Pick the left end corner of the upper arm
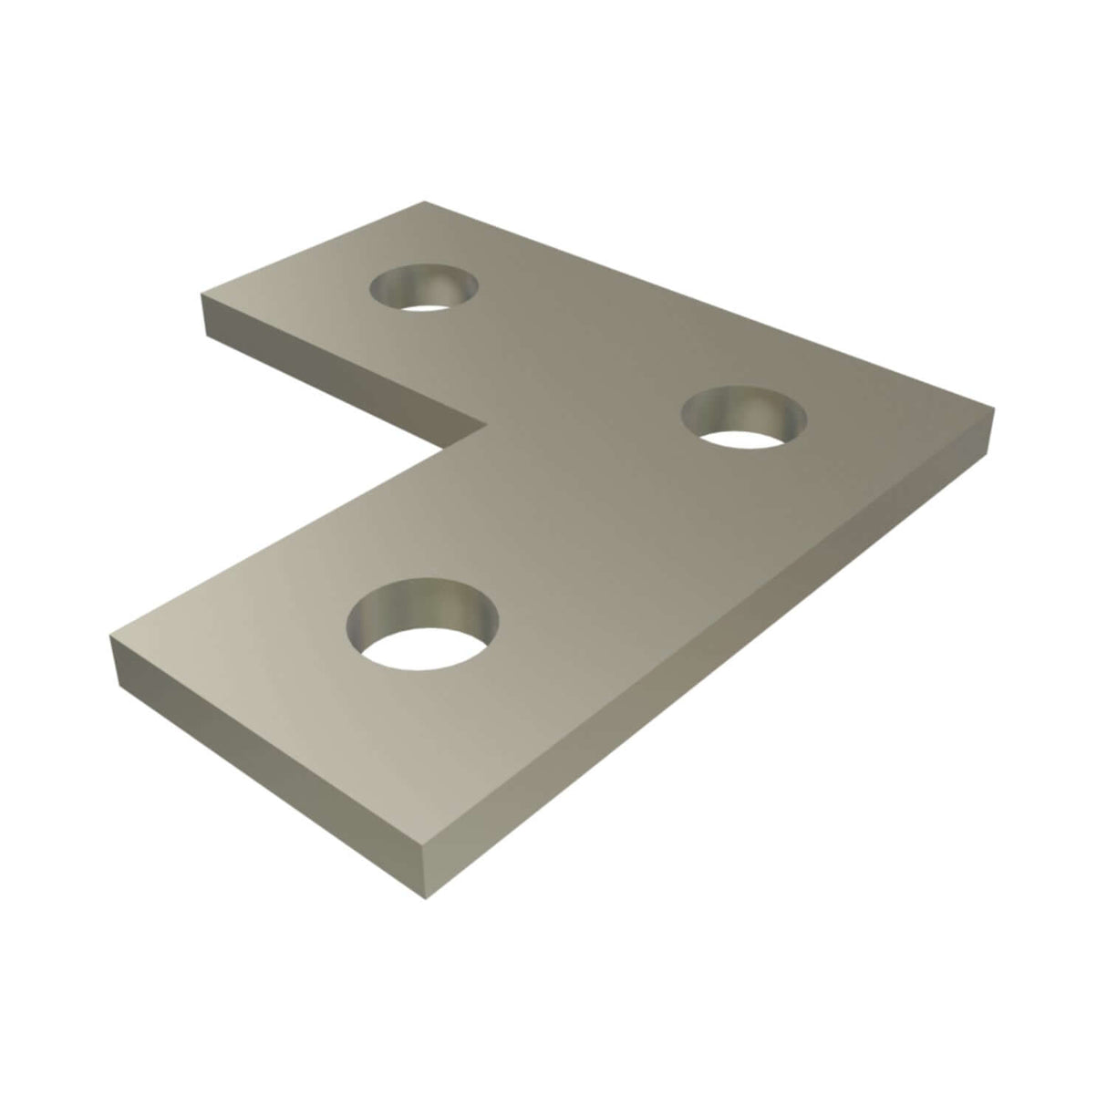pyautogui.click(x=202, y=294)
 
